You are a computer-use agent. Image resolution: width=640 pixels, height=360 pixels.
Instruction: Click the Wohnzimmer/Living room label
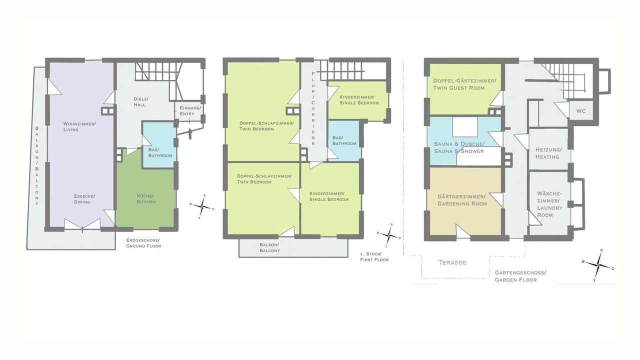79,126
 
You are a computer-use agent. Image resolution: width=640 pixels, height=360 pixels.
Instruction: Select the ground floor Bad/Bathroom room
158,144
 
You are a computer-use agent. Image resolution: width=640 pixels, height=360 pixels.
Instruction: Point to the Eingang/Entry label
190,111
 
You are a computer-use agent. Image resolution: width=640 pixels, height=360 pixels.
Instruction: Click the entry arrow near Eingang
190,133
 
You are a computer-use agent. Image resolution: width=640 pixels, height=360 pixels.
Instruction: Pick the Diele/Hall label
141,101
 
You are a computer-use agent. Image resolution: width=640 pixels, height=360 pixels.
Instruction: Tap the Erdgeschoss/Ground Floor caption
143,243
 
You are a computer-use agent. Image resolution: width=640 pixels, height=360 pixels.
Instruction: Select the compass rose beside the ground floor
202,207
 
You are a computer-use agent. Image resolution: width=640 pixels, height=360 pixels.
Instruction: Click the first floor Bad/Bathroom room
344,140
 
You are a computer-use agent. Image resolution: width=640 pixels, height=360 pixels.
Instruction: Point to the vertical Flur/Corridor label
313,108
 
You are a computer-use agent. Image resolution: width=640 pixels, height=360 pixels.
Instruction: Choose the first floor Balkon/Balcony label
269,247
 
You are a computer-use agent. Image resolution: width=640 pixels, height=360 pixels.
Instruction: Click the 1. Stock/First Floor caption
374,257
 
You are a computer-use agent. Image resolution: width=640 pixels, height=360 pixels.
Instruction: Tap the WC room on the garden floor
581,111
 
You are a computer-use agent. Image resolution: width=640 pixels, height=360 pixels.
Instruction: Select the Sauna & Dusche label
459,147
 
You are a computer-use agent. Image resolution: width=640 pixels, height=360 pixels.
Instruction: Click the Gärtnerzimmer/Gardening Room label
462,200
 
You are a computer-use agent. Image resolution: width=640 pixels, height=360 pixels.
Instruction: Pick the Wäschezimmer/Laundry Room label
549,204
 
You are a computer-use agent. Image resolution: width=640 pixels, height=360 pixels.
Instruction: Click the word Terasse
452,262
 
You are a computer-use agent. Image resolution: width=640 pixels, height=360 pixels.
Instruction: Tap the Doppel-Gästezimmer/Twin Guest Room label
464,84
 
